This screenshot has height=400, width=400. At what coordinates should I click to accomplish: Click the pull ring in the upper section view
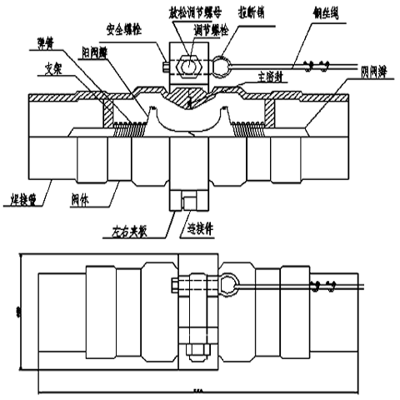coord(223,62)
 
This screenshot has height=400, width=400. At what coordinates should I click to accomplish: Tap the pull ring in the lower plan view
coord(227,282)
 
